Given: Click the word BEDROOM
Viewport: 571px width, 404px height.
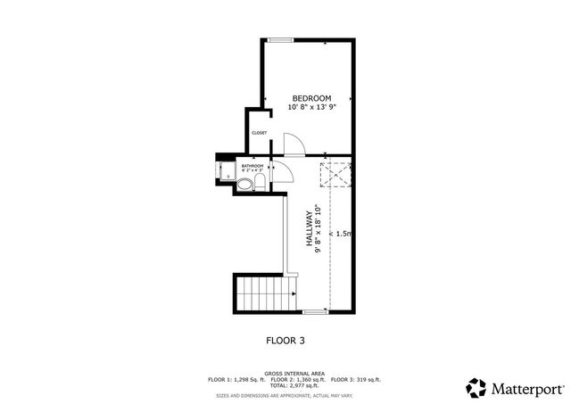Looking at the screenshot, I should (311, 98).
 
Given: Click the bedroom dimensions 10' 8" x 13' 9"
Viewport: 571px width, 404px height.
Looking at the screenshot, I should (311, 108).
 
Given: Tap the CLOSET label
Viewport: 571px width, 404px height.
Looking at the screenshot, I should (259, 133).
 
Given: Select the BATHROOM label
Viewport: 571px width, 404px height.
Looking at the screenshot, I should (252, 166).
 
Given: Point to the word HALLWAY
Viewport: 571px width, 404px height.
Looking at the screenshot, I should (310, 234).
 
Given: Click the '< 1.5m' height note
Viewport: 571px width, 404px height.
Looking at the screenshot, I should (341, 234).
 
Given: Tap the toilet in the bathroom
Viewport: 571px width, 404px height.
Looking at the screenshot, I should (259, 184).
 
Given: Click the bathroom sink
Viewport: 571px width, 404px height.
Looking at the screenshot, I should (244, 186).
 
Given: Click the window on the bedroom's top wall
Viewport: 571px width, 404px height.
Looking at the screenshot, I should (281, 39).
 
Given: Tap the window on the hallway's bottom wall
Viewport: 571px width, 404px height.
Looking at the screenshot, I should (314, 312).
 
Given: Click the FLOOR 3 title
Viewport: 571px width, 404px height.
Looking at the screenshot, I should (285, 340).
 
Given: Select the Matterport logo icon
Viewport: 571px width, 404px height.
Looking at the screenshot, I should (476, 387).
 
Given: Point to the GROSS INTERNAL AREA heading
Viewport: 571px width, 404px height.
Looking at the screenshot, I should (294, 373).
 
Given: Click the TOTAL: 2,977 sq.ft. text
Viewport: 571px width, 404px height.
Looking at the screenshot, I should (294, 384).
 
